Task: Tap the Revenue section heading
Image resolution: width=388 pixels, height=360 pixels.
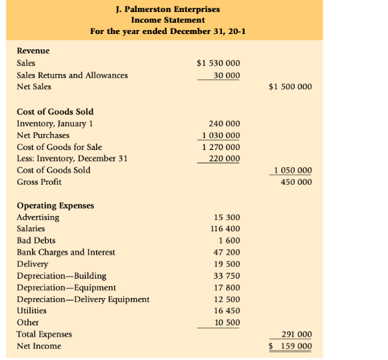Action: [33, 51]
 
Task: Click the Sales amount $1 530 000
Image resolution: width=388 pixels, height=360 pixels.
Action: [219, 63]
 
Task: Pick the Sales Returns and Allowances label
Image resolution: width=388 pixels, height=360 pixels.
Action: [72, 75]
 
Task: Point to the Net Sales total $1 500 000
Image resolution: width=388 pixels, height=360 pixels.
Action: [290, 87]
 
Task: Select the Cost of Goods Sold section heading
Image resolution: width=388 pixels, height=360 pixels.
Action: [55, 111]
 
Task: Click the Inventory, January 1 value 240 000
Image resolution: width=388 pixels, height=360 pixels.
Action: [225, 123]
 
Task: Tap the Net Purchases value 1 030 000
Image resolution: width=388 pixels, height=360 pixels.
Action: [221, 135]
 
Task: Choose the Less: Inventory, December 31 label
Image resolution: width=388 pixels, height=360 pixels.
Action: [72, 159]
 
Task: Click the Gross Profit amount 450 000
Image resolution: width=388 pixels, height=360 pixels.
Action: [296, 182]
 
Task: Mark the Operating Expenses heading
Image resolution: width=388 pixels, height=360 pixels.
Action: [55, 205]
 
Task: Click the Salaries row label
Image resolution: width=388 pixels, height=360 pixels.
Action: [31, 229]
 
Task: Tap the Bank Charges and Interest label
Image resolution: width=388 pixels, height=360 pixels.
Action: [66, 252]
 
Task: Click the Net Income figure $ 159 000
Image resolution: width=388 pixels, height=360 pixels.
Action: [290, 346]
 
